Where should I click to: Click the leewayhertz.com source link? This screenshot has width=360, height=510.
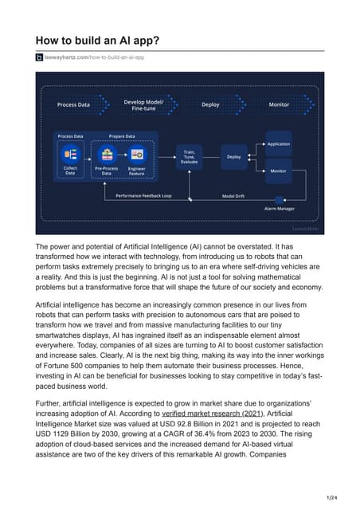click(94, 57)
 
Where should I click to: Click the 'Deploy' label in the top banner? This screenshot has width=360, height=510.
click(210, 104)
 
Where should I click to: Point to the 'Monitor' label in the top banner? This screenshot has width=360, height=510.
click(279, 104)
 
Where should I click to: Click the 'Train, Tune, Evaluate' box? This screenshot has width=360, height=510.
click(190, 157)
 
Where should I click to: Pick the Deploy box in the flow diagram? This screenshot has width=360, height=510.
click(233, 157)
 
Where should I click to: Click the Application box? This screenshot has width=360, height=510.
click(278, 144)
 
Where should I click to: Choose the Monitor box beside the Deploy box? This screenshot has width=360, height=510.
click(278, 171)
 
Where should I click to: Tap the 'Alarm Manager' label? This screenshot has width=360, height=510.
click(280, 208)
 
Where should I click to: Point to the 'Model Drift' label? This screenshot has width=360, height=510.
click(233, 195)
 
